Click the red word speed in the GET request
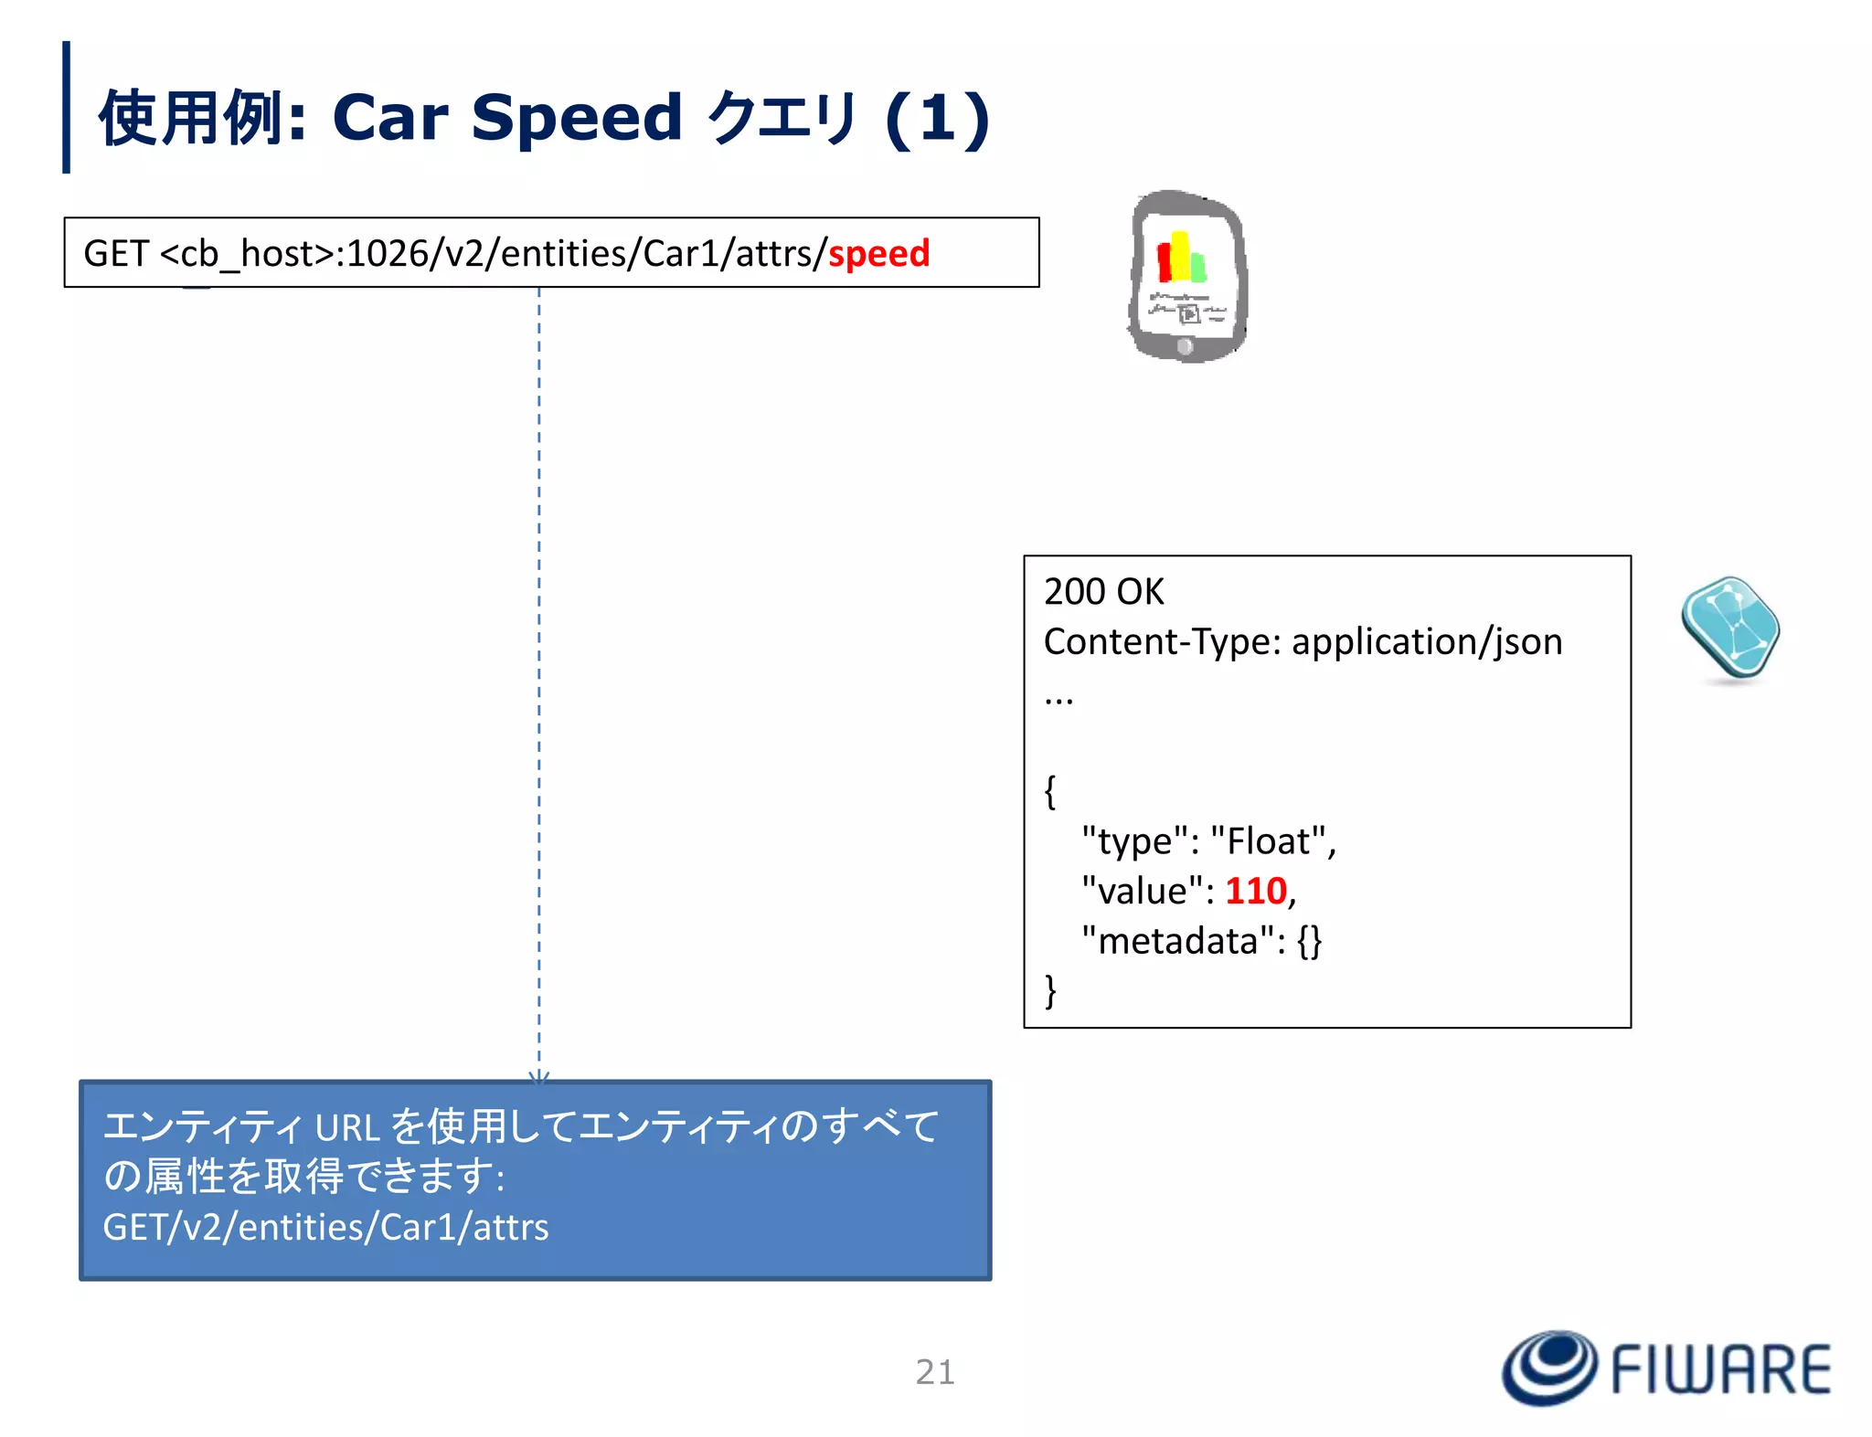(878, 253)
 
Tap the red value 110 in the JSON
(1256, 891)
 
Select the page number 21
(934, 1372)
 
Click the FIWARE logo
(1666, 1368)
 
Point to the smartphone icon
(1187, 276)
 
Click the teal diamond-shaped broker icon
(1729, 629)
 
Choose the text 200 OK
(1103, 592)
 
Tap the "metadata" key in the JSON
(1177, 941)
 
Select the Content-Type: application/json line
(1303, 641)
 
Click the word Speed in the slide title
(576, 118)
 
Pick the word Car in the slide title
(390, 118)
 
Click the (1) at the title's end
(937, 119)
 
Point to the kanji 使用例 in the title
(189, 118)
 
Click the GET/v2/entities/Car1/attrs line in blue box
(325, 1227)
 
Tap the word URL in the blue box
(347, 1128)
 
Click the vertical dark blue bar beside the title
(66, 107)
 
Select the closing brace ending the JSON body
(1050, 990)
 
